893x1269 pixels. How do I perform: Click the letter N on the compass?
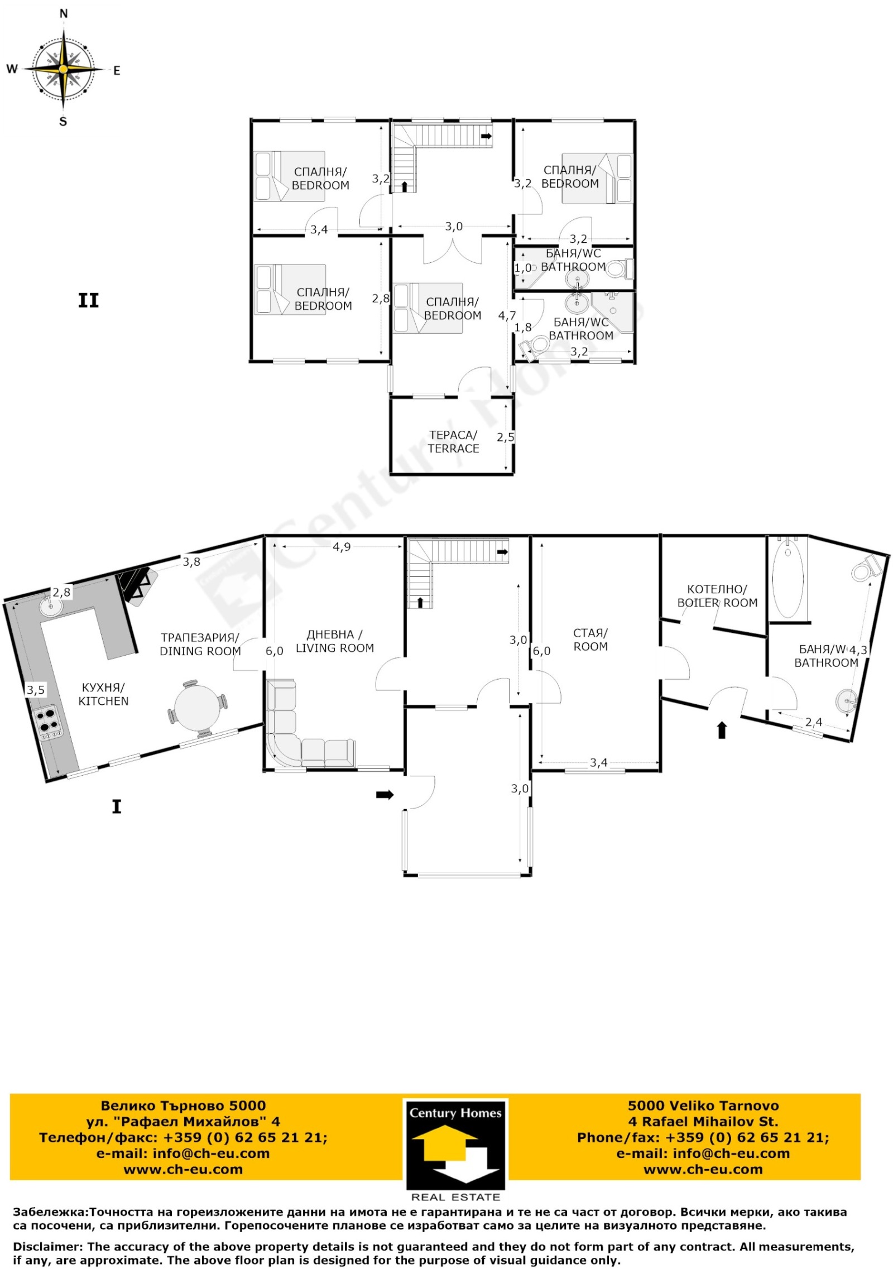[64, 14]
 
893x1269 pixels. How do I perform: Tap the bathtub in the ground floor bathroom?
[788, 577]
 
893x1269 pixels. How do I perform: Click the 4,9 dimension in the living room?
[342, 547]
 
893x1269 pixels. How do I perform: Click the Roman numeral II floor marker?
[88, 301]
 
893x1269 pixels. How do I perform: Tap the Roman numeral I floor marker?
[117, 806]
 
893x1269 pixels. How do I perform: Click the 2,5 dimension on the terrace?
[506, 437]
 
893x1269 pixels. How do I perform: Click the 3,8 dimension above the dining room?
[191, 562]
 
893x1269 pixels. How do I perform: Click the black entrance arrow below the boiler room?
[722, 730]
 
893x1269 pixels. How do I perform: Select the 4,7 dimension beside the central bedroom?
[507, 316]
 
